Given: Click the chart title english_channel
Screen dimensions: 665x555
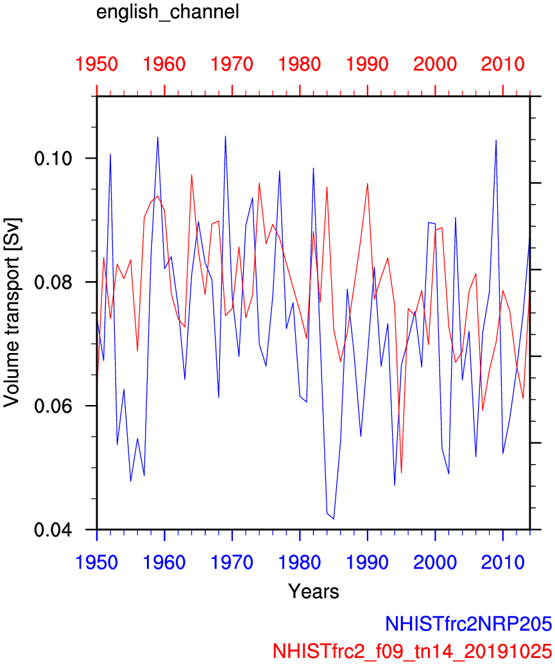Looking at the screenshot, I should [x=167, y=12].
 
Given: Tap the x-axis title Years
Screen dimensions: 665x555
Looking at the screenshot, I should [x=313, y=591].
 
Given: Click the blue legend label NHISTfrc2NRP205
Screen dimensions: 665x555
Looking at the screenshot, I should [x=468, y=623].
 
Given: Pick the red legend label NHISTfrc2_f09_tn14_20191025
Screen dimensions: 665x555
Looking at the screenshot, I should [x=413, y=650].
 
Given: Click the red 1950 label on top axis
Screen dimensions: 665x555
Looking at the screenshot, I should [x=97, y=64].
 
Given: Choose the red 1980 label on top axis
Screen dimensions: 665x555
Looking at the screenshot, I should [x=300, y=64].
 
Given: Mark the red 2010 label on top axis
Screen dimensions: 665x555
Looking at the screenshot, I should [x=502, y=64].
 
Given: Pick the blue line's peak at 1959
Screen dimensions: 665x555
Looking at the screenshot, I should [x=158, y=137].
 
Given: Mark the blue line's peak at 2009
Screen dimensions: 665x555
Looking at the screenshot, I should [x=496, y=140].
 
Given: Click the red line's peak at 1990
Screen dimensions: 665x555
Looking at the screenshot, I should [x=368, y=184].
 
